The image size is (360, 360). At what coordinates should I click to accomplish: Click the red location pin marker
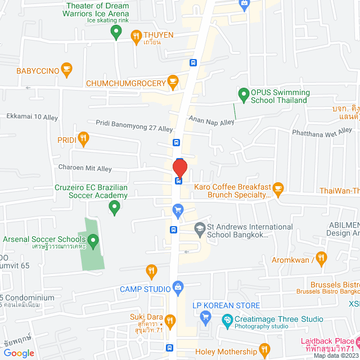click(179, 168)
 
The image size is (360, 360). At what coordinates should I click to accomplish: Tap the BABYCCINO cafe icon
click(66, 70)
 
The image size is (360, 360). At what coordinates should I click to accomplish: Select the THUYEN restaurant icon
click(136, 37)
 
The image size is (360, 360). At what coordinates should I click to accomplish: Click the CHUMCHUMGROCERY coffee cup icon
click(173, 83)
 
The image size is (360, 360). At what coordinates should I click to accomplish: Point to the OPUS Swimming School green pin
click(244, 94)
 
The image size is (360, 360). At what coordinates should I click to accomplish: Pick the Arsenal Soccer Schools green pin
click(93, 242)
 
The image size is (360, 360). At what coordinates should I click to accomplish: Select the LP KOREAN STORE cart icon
click(205, 318)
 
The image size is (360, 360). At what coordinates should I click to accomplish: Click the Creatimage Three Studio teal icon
click(227, 321)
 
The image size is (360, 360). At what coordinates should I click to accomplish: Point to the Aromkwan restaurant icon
click(321, 259)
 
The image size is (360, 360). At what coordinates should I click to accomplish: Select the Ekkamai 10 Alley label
click(32, 116)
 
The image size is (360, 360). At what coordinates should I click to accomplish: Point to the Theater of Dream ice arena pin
click(116, 32)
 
